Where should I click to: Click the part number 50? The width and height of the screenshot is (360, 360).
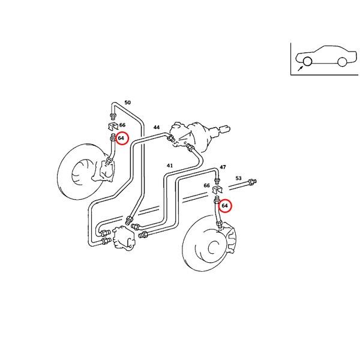coord(127,103)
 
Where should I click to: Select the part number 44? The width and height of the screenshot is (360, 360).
coord(157,127)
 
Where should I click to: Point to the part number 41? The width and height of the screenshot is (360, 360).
coord(170,166)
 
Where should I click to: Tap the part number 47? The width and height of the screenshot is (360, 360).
coord(223,167)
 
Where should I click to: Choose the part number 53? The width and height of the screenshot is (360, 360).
coord(238,178)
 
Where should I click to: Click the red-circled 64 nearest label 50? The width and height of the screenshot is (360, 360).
coord(121,138)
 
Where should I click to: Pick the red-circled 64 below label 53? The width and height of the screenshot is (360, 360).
coord(225,206)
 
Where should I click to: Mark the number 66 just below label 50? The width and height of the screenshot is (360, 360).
coord(122,125)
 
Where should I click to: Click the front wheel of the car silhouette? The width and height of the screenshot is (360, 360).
coord(307,61)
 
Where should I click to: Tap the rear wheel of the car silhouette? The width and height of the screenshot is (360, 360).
coord(342,61)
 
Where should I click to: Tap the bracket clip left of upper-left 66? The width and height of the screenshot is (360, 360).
coord(111,126)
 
